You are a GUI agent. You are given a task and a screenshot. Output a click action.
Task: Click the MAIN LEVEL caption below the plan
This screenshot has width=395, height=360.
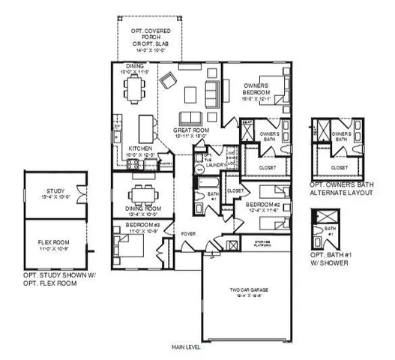click(x=185, y=346)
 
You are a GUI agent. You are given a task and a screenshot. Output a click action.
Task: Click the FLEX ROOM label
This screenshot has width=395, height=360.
click(x=54, y=241)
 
